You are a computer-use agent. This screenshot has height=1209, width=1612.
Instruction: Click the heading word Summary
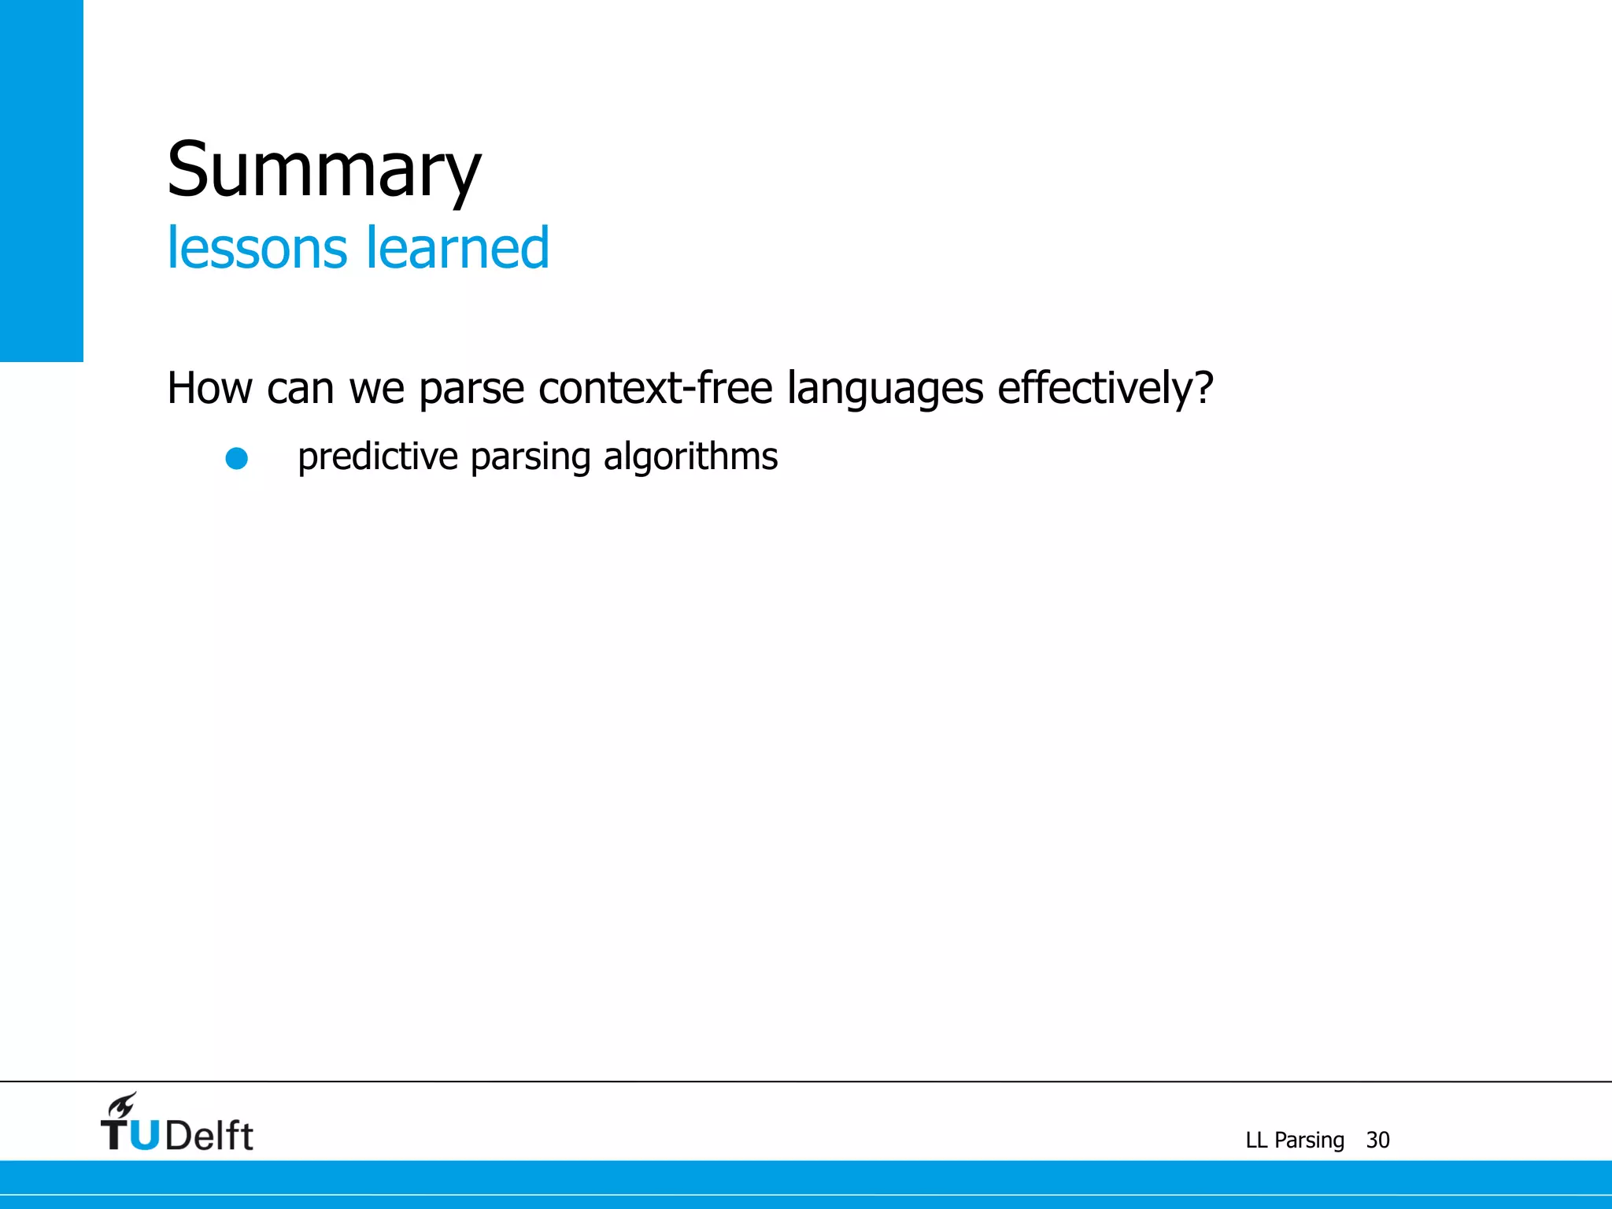[x=324, y=170]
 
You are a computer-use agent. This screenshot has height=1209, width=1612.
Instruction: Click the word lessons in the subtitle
[x=257, y=248]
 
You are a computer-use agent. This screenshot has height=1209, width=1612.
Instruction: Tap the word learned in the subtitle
[x=457, y=248]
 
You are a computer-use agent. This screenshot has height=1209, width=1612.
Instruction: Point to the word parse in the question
[x=471, y=389]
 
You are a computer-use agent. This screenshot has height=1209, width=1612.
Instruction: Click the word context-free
[x=655, y=388]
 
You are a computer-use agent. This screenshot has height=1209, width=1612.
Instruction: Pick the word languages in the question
[x=885, y=389]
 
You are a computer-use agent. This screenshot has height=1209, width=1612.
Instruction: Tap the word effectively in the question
[x=1096, y=388]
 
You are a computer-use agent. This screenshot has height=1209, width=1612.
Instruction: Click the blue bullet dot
[x=237, y=458]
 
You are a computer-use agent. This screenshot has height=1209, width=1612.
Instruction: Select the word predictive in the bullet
[x=378, y=457]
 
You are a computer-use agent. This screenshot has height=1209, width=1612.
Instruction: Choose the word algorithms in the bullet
[x=690, y=457]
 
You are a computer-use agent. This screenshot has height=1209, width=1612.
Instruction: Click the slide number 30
[x=1377, y=1140]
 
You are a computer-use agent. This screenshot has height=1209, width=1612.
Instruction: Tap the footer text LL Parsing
[x=1295, y=1140]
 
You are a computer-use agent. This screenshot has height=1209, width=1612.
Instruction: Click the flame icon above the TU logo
[x=123, y=1105]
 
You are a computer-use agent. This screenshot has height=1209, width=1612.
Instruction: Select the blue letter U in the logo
[x=144, y=1136]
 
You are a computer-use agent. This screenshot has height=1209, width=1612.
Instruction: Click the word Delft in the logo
[x=209, y=1136]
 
